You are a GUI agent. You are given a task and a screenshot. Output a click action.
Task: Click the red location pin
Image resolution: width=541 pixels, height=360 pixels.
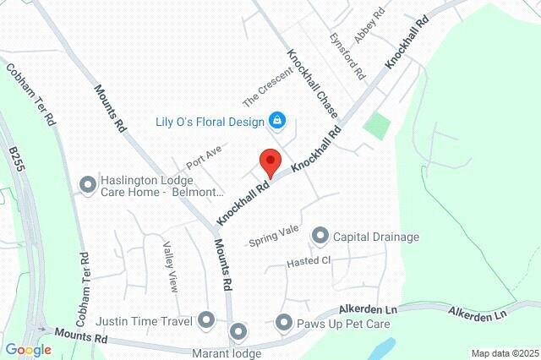coord(270,161)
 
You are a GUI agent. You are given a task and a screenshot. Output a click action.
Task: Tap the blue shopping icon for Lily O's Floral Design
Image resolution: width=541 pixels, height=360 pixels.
coord(276,120)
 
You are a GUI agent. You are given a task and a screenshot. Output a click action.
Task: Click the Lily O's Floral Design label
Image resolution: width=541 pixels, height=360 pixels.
coord(210,120)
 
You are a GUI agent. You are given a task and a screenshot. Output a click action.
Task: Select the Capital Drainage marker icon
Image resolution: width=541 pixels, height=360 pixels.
coord(320,236)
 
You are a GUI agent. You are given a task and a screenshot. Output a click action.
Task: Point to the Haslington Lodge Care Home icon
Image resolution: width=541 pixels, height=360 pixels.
coord(87,184)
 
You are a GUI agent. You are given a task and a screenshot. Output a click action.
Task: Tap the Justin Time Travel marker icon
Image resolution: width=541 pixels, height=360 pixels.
coord(207,319)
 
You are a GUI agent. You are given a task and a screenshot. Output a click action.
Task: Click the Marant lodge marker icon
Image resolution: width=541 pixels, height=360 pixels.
coord(238,331)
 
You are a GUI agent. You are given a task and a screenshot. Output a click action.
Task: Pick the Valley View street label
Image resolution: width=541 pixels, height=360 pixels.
coord(172,264)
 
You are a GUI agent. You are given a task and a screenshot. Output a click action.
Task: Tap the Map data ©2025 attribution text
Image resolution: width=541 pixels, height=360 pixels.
coord(505,353)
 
